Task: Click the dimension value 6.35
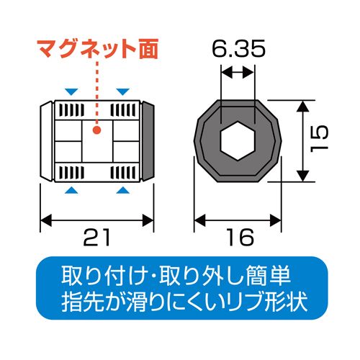[x=239, y=48]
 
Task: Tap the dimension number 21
[x=96, y=237]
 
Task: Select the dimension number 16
[x=240, y=237]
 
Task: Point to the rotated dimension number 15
[x=319, y=138]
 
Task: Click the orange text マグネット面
[x=98, y=49]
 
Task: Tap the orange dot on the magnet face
[x=97, y=130]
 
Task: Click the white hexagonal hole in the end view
[x=238, y=140]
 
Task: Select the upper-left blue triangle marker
[x=71, y=91]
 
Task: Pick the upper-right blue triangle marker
[x=123, y=91]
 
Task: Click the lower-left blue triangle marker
[x=71, y=190]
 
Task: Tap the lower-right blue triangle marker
[x=123, y=190]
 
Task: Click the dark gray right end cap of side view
[x=148, y=141]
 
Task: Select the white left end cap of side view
[x=46, y=141]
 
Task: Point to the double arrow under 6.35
[x=238, y=72]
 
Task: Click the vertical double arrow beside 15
[x=303, y=141]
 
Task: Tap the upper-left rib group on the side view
[x=71, y=110]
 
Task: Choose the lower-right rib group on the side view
[x=123, y=173]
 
